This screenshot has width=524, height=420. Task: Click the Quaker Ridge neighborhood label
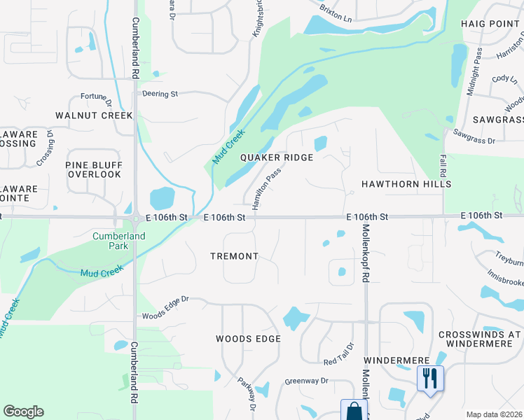point(276,157)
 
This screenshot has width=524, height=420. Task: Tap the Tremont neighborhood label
point(235,256)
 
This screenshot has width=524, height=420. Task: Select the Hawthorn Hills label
point(406,183)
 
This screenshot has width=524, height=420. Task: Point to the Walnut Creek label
point(94,115)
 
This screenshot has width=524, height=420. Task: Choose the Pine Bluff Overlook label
point(95,169)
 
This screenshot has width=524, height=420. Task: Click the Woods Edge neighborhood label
point(248,339)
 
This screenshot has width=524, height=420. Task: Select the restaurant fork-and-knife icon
point(428,379)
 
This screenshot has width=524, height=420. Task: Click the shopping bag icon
point(354,410)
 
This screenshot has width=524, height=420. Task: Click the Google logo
point(23,412)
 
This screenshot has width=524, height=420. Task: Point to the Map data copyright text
point(495,414)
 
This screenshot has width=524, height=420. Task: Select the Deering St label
point(160,93)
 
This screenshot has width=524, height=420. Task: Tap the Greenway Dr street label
point(306,381)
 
